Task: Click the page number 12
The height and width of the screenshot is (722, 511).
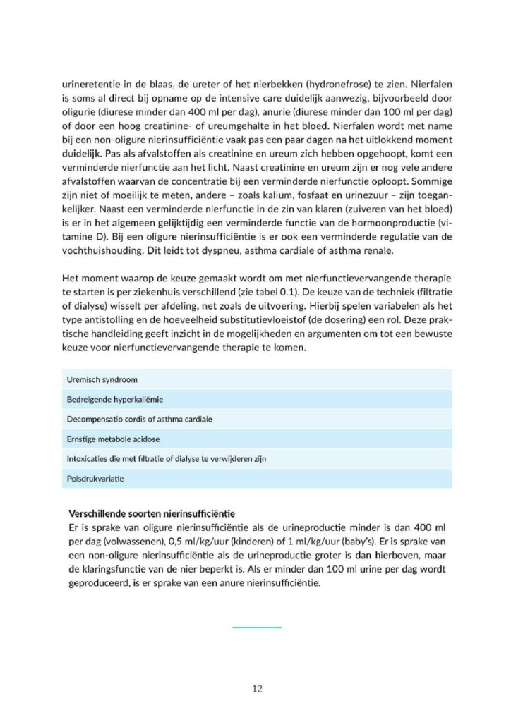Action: (x=256, y=688)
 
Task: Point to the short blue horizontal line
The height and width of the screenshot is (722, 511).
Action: (x=257, y=625)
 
